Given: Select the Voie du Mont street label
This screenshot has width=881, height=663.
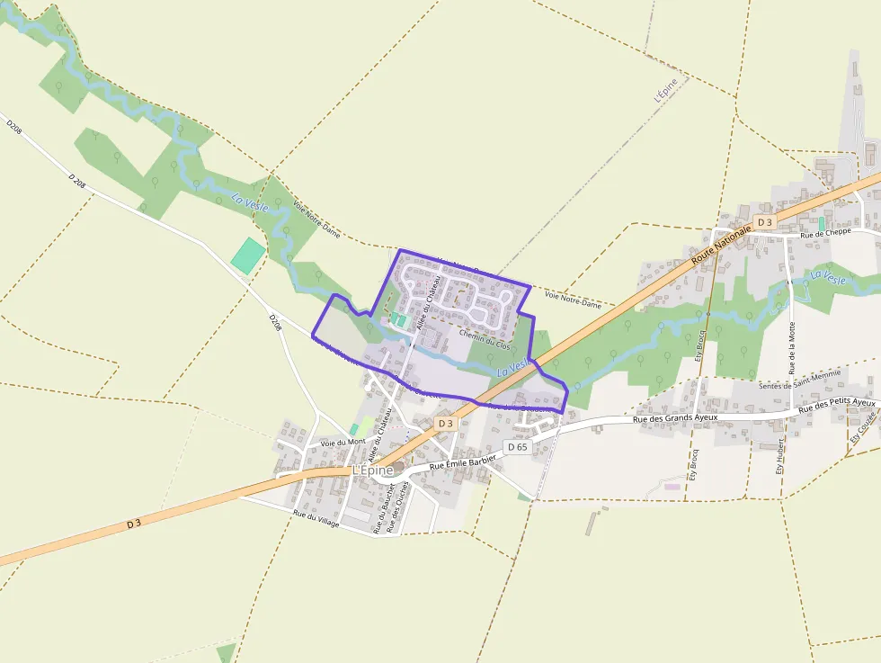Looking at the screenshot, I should (x=343, y=443).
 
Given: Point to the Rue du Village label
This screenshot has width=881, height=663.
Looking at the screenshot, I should (x=316, y=517).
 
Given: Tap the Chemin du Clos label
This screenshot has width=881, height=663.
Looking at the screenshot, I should (x=484, y=338).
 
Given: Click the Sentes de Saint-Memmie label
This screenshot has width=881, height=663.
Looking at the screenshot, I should (x=799, y=380).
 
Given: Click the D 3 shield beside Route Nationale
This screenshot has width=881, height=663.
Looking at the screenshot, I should (x=764, y=221).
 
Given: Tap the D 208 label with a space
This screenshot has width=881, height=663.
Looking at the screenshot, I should (x=78, y=184).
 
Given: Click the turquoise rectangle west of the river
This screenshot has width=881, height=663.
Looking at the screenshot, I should (x=248, y=255).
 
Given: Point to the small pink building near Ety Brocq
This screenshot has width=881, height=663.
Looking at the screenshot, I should (x=672, y=486).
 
